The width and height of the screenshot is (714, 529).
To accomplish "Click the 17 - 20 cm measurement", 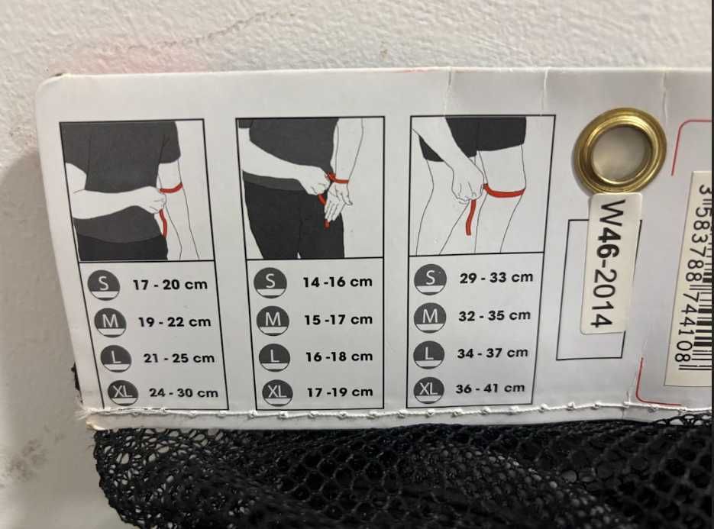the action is (170, 285).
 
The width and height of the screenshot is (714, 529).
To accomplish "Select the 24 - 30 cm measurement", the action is (183, 392).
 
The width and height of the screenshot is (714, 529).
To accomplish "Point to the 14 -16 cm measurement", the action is (338, 282).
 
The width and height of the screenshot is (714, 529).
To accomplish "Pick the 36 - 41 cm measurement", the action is (490, 389).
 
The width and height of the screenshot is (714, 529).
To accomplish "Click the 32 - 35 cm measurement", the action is (495, 315).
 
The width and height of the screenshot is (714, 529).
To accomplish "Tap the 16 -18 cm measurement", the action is (339, 356).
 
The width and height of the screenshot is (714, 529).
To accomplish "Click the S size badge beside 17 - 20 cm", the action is (105, 285).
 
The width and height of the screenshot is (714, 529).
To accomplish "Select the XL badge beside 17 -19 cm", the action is (277, 392).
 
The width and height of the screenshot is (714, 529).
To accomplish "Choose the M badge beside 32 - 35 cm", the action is (430, 316).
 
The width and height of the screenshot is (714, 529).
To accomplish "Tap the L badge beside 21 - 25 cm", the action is (115, 357).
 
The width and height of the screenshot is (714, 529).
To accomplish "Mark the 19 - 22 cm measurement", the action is (175, 322).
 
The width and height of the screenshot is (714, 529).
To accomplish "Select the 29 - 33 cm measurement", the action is (496, 278).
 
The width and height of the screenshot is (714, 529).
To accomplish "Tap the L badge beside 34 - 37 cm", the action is (429, 353).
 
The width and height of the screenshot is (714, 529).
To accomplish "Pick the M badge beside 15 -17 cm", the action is (273, 320).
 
